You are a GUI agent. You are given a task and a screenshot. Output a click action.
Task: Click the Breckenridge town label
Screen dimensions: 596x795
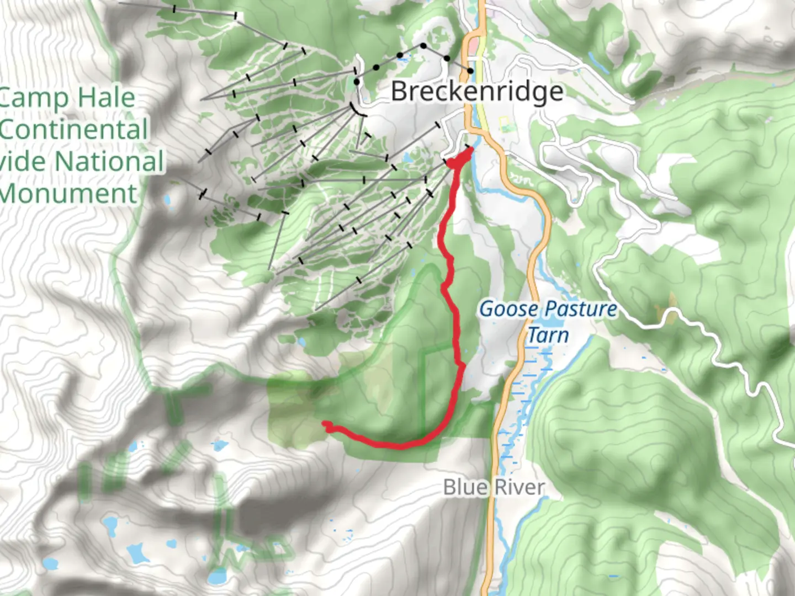click(477, 92)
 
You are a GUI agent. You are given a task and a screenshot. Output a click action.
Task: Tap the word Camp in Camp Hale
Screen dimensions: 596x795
click(33, 99)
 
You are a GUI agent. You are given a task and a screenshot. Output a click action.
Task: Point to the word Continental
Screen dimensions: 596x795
click(74, 130)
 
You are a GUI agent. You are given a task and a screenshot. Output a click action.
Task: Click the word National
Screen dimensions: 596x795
click(109, 162)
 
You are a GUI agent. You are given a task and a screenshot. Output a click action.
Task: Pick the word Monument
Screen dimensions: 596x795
click(68, 194)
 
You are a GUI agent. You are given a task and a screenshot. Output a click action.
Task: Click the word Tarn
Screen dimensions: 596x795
click(548, 335)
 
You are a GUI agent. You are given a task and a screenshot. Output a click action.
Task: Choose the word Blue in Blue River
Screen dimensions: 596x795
click(465, 487)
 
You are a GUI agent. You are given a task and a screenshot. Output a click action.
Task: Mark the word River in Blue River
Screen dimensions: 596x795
click(519, 487)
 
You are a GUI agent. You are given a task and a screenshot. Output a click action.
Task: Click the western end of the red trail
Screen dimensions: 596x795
click(325, 424)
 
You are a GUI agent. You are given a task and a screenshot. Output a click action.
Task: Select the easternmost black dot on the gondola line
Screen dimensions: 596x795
click(470, 71)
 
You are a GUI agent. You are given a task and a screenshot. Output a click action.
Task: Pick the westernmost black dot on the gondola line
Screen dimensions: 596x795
click(357, 82)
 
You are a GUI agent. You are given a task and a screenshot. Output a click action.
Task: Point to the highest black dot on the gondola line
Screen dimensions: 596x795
click(423, 46)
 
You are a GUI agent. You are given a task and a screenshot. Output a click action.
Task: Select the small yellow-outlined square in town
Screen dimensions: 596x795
click(504, 121)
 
